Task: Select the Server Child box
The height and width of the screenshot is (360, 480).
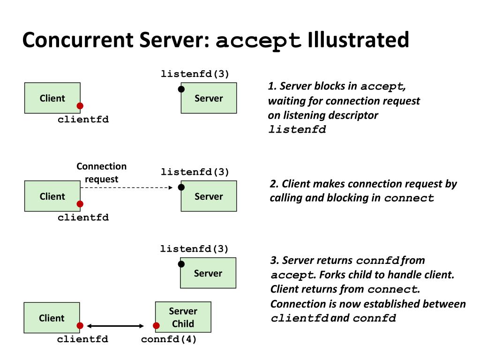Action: [x=183, y=317]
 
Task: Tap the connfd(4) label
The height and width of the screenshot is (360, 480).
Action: [x=169, y=339]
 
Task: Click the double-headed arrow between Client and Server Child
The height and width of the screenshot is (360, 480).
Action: [x=115, y=326]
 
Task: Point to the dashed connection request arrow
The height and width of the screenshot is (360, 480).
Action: [x=127, y=187]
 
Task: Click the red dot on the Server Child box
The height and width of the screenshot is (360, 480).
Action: [x=156, y=326]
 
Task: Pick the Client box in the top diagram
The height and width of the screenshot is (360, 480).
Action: [x=52, y=98]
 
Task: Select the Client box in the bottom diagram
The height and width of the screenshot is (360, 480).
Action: [x=52, y=318]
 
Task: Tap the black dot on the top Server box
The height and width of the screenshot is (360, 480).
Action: [x=181, y=89]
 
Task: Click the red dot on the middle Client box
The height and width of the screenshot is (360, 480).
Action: [x=80, y=204]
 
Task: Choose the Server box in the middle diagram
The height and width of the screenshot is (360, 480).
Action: [x=209, y=196]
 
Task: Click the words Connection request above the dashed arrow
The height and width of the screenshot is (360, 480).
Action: [x=101, y=172]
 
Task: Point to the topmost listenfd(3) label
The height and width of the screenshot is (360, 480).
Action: [x=195, y=74]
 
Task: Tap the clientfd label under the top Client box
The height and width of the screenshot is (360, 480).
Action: [x=83, y=119]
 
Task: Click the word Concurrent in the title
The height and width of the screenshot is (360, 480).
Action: [x=78, y=40]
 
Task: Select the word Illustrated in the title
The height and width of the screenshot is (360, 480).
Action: [x=358, y=40]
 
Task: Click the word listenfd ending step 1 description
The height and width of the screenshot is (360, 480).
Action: [x=297, y=129]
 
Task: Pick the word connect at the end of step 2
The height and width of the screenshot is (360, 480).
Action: [x=409, y=198]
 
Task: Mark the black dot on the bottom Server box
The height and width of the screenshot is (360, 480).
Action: [x=181, y=264]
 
